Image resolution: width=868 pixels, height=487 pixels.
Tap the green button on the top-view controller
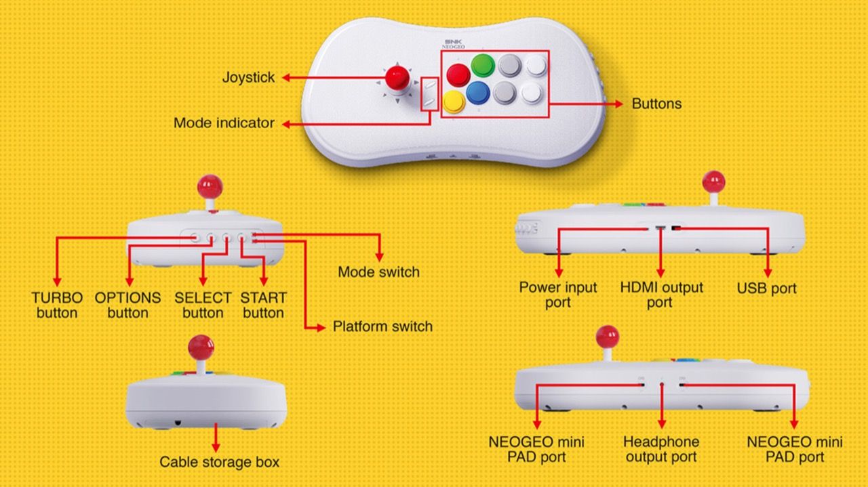tap(483, 66)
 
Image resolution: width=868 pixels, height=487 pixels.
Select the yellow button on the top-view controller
tap(454, 102)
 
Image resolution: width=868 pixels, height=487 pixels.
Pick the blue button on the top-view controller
tap(478, 93)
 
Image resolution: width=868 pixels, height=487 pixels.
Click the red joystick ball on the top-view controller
tap(397, 77)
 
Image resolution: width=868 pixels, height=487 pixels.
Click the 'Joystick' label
tap(248, 77)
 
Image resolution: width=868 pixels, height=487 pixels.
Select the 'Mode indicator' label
tap(224, 123)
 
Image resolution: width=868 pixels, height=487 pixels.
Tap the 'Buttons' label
tap(656, 104)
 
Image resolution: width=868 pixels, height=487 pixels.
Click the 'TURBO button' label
tap(57, 305)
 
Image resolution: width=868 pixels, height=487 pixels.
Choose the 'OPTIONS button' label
tap(127, 305)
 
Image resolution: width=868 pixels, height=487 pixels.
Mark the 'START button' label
tap(263, 305)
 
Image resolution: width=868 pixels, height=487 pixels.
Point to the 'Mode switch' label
tap(378, 272)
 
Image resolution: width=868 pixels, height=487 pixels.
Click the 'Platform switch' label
tap(382, 326)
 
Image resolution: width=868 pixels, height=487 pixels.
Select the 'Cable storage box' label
tap(219, 462)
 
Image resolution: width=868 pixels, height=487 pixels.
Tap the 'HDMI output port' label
tap(661, 295)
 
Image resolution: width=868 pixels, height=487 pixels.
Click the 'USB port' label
tap(766, 288)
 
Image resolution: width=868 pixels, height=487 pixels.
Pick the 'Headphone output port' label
tap(661, 449)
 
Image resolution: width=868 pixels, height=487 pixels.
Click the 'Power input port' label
tap(558, 295)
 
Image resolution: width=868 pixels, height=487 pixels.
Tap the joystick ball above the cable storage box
tap(201, 347)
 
